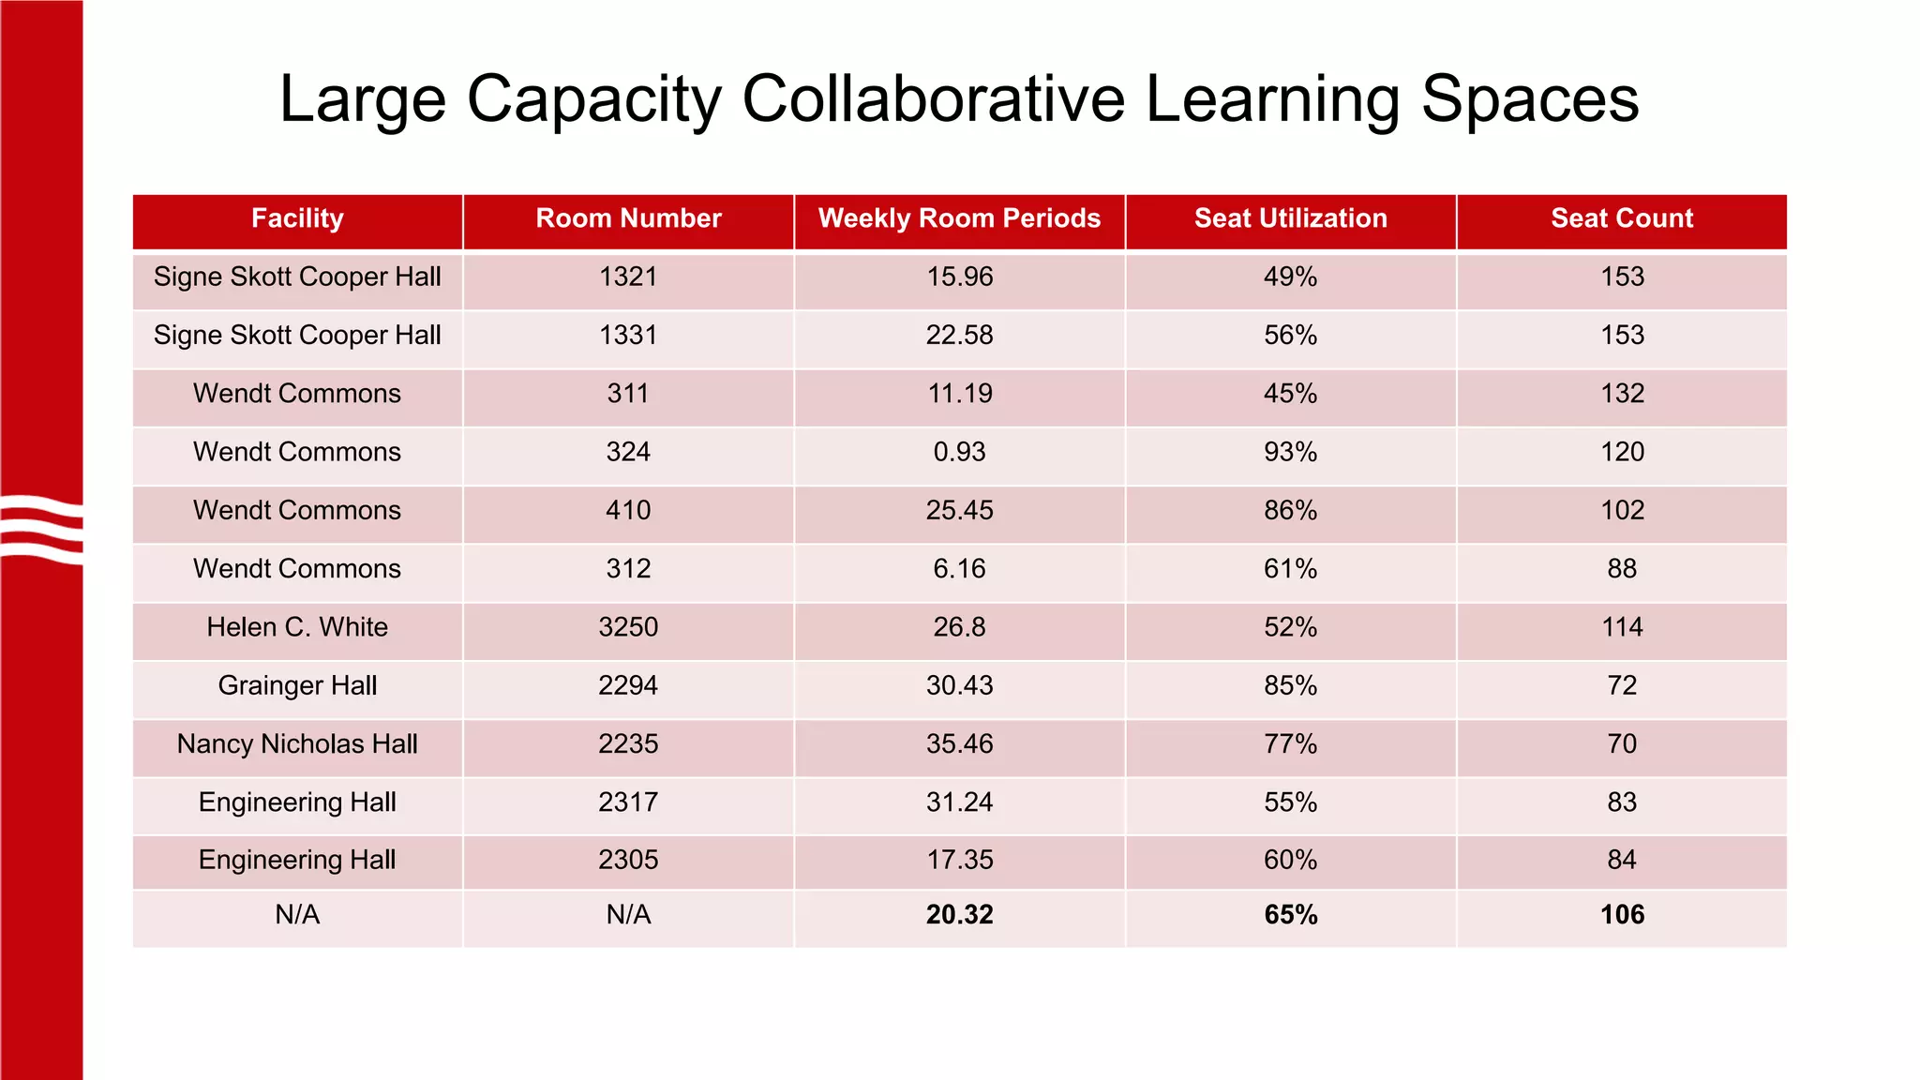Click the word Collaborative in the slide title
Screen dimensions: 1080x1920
(933, 98)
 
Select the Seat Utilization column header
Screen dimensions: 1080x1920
(1290, 218)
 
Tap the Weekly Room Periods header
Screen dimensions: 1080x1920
(959, 218)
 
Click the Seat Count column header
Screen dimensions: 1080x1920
(1622, 218)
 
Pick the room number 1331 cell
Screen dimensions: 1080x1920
(628, 336)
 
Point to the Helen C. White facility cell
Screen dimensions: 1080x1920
(297, 627)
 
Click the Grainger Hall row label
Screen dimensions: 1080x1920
(297, 685)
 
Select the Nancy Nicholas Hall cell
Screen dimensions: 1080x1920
(297, 744)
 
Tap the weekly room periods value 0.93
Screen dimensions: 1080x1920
(959, 452)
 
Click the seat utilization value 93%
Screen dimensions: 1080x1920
(1290, 452)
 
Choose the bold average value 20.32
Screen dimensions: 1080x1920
(959, 915)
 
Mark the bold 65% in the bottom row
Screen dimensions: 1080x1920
(1290, 915)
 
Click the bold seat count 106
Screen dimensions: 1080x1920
(1622, 915)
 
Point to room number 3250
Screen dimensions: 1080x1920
(628, 627)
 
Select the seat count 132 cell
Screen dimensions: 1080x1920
(1622, 394)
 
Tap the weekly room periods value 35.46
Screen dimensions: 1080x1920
(959, 744)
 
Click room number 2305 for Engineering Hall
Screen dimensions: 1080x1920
(628, 860)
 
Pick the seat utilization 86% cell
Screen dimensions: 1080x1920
(1290, 510)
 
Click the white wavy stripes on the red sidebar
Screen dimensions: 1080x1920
(42, 530)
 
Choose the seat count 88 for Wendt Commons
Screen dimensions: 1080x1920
(1622, 569)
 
